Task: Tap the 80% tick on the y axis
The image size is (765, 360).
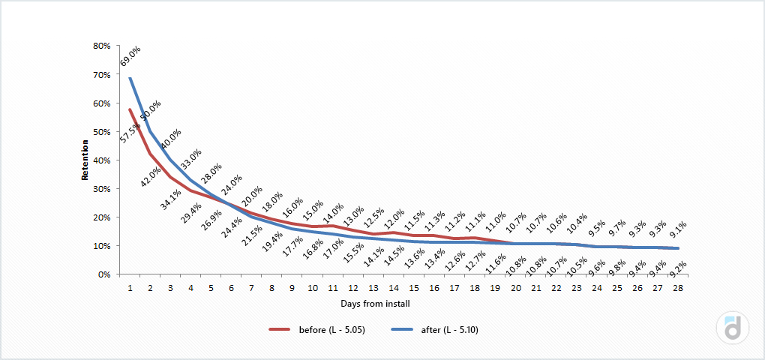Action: pos(102,46)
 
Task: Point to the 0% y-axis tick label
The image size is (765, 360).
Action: pos(104,274)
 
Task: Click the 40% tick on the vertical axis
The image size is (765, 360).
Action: pos(102,160)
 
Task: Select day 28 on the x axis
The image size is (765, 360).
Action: pos(677,287)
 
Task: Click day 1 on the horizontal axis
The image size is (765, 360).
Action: pos(130,287)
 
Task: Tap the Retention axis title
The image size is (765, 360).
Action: pos(85,160)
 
